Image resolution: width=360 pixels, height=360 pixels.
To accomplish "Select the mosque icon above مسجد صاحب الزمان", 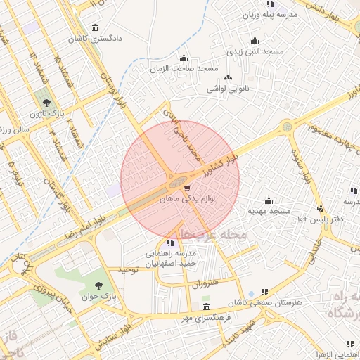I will pyautogui.click(x=184, y=58).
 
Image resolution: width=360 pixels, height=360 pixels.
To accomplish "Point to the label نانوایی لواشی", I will pyautogui.click(x=229, y=89).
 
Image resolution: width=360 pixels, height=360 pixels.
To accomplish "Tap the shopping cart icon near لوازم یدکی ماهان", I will pyautogui.click(x=187, y=188).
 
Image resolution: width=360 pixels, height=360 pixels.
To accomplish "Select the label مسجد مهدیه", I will pyautogui.click(x=269, y=211).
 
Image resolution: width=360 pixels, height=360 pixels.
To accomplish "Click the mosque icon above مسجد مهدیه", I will pyautogui.click(x=268, y=200).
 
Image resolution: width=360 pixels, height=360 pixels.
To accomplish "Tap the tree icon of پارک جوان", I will pyautogui.click(x=98, y=285).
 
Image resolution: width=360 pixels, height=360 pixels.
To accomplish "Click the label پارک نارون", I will pyautogui.click(x=46, y=113).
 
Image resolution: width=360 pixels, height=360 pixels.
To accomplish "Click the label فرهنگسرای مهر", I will pyautogui.click(x=204, y=318).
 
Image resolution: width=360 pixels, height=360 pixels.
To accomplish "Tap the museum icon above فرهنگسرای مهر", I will pyautogui.click(x=205, y=308).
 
